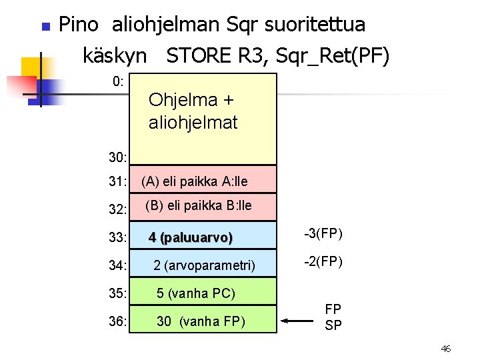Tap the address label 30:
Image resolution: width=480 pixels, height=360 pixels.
[118, 158]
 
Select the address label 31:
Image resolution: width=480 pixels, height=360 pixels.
[118, 181]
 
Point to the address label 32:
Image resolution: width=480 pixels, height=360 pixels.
[118, 209]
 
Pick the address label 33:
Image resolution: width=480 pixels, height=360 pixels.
[118, 237]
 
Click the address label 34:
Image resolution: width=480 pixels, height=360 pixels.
[118, 266]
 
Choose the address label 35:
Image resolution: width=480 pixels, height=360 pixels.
[118, 294]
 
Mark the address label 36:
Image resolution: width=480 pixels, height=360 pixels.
[118, 322]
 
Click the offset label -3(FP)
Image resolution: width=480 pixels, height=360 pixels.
[323, 233]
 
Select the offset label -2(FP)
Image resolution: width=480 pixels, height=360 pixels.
[323, 261]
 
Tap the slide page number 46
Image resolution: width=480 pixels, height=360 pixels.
[446, 348]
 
